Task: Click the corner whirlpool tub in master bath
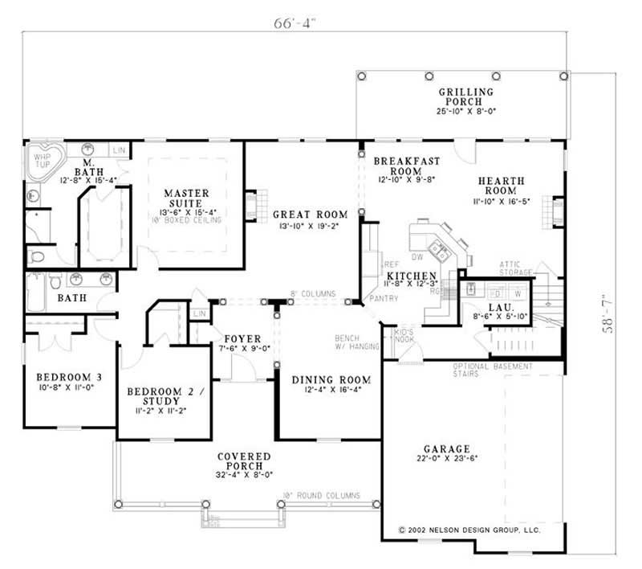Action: pos(40,163)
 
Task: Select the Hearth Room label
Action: pos(501,186)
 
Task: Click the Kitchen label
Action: pos(411,276)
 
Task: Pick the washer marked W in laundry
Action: pos(517,294)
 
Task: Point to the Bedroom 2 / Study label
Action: pos(166,398)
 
